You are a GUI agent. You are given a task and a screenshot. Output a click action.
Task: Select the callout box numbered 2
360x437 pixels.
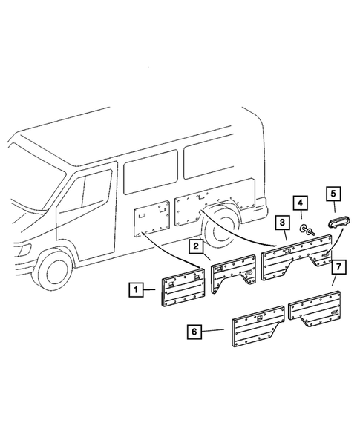[195, 246]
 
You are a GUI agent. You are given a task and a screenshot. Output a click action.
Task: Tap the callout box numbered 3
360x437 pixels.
[282, 222]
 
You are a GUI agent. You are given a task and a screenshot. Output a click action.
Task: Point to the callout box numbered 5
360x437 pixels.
[333, 194]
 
